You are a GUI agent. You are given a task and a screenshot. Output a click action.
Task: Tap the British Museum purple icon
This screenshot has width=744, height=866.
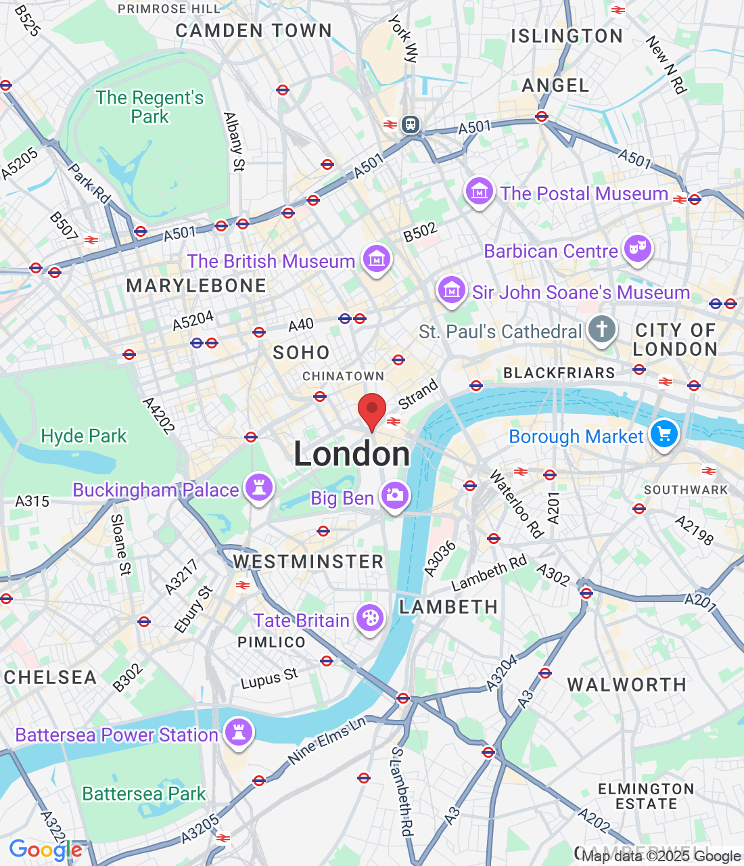click(x=377, y=258)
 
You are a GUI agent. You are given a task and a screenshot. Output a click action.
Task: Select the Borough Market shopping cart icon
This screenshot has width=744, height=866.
click(x=664, y=434)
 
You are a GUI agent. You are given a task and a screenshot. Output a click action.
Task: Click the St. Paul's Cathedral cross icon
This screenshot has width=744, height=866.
click(x=601, y=329)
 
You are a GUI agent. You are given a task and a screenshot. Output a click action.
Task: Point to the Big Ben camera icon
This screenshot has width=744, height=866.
click(x=394, y=496)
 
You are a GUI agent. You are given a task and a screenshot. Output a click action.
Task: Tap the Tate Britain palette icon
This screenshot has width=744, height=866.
click(x=370, y=618)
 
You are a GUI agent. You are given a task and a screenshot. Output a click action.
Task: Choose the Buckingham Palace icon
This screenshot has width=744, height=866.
click(x=259, y=487)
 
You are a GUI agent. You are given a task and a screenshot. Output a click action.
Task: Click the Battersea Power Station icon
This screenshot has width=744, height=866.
click(x=238, y=732)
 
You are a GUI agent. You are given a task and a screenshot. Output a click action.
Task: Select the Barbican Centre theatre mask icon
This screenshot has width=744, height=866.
click(x=637, y=249)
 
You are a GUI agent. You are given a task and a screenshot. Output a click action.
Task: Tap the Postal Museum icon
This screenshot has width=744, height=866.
click(x=479, y=192)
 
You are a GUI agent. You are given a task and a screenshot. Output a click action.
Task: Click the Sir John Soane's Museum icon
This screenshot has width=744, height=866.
click(x=451, y=291)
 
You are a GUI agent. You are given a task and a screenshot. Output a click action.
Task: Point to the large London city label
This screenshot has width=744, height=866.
click(x=352, y=454)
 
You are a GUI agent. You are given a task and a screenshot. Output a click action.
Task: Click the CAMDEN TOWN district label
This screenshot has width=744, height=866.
click(x=254, y=31)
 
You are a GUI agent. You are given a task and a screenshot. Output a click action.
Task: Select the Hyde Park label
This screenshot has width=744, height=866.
click(x=84, y=436)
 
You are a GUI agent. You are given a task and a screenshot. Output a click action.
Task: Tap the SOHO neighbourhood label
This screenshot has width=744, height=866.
click(x=301, y=352)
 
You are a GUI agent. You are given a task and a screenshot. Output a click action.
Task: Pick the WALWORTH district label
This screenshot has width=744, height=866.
click(x=626, y=685)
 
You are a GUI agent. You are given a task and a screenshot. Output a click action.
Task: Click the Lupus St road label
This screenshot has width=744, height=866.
click(x=269, y=679)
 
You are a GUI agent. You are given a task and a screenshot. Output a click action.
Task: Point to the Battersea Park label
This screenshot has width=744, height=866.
click(x=143, y=794)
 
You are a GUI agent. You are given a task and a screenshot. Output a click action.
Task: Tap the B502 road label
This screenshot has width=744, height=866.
click(x=420, y=232)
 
